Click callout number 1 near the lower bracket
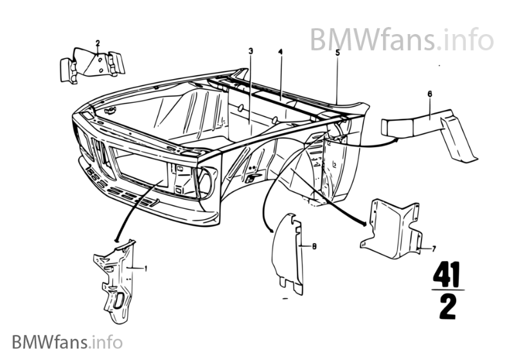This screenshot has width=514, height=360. (x=146, y=268)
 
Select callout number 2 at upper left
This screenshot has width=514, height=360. (x=98, y=44)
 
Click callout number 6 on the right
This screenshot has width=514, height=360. (x=429, y=94)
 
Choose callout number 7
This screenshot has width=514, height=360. (x=434, y=248)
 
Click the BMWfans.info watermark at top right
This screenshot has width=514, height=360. (x=402, y=40)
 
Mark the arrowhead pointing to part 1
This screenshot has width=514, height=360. (x=116, y=240)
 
